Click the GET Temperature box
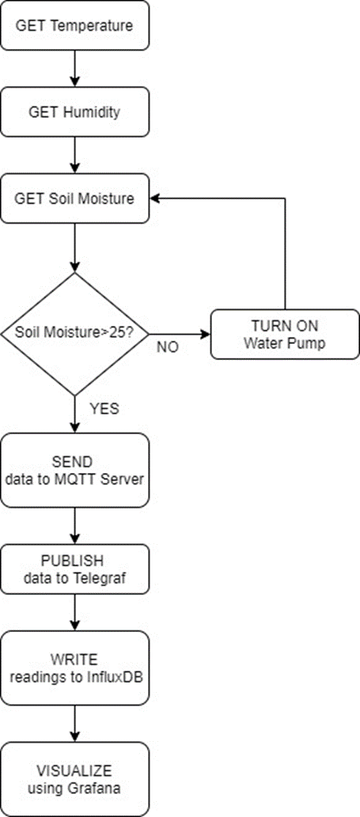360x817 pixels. click(74, 25)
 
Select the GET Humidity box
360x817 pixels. click(74, 112)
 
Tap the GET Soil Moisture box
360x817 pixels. click(74, 198)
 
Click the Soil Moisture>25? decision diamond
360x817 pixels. click(74, 333)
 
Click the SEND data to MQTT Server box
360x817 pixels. click(74, 470)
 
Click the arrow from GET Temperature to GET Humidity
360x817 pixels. click(74, 68)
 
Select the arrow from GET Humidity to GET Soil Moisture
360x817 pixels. click(74, 154)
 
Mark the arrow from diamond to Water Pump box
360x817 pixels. click(180, 333)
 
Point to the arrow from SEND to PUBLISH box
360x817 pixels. click(74, 524)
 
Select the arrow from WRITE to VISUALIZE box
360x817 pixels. click(74, 722)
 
